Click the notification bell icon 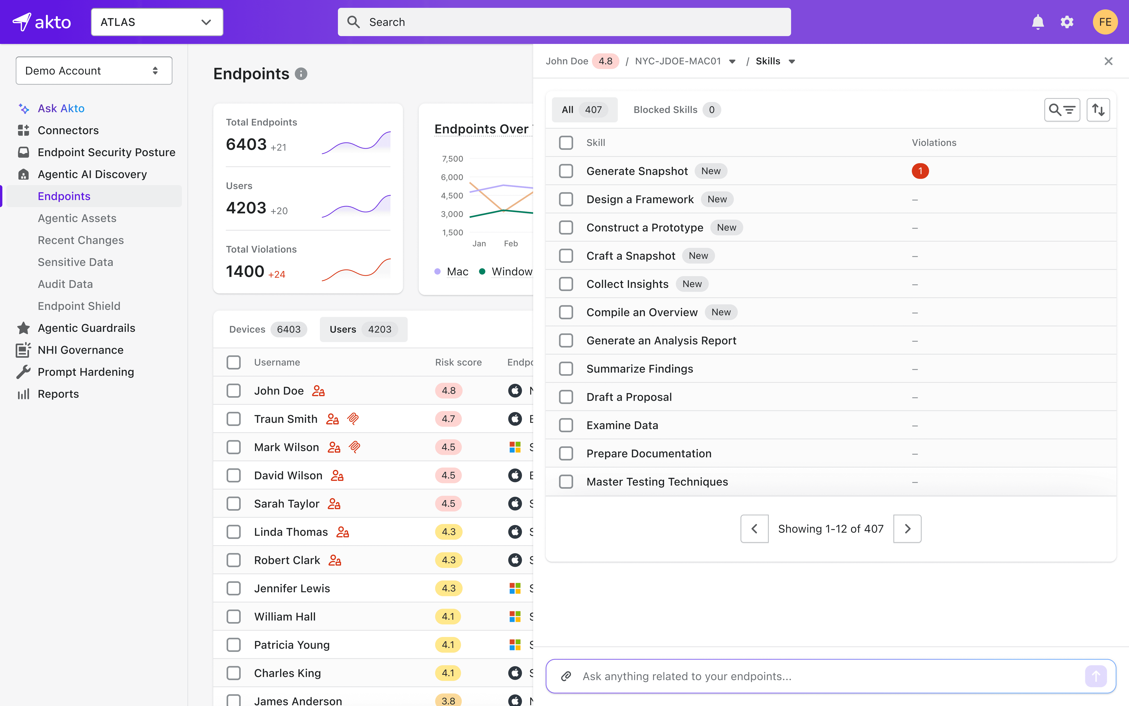(1037, 22)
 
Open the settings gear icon (1067, 22)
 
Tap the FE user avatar (1105, 22)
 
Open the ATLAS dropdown (157, 22)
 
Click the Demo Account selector (94, 71)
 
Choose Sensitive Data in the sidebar (76, 262)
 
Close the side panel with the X (1108, 61)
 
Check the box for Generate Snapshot (566, 171)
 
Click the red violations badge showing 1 (920, 171)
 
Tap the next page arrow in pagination (907, 529)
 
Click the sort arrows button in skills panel (1098, 110)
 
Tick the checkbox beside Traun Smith (234, 419)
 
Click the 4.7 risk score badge (448, 419)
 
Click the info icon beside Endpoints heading (301, 74)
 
